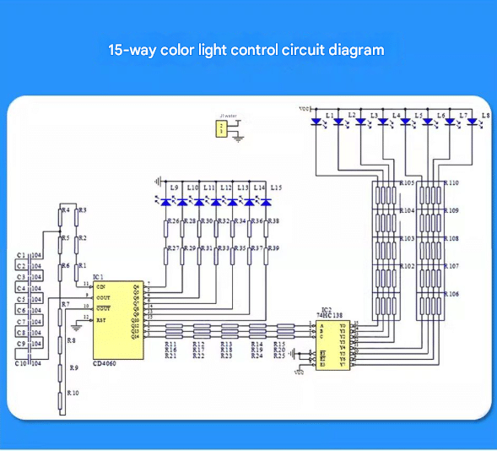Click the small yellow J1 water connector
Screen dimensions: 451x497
click(222, 128)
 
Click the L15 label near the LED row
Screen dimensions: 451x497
click(276, 187)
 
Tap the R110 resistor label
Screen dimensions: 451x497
click(451, 182)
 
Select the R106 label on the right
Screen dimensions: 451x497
click(451, 294)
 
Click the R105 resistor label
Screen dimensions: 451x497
click(407, 182)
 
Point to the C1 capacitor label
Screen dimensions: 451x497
click(23, 255)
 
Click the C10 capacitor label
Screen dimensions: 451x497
click(23, 362)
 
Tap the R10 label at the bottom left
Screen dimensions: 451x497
click(73, 394)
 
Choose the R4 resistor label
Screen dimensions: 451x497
click(65, 210)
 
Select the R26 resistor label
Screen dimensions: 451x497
click(171, 220)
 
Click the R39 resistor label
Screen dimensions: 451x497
click(273, 248)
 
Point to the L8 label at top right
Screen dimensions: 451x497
click(485, 114)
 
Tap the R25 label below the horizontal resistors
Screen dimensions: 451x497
click(280, 356)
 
